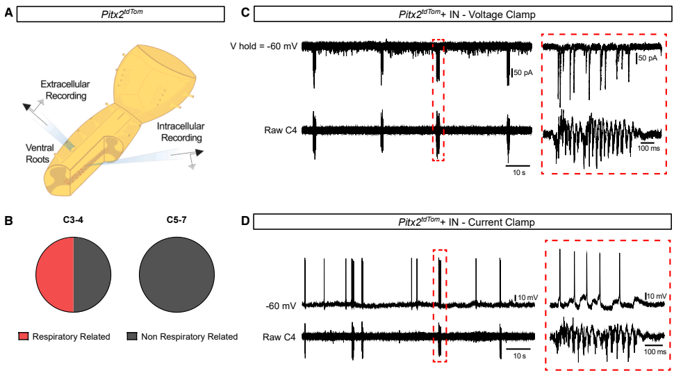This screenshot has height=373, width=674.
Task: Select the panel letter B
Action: coord(8,222)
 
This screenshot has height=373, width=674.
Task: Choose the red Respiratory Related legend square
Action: coord(24,337)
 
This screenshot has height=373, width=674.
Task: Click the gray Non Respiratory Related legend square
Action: coord(132,337)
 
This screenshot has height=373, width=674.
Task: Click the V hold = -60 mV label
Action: coord(265,46)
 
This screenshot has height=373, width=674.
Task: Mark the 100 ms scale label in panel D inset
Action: coord(653,352)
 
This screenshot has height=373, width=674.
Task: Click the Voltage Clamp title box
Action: coord(461,14)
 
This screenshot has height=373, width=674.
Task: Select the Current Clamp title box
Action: coord(462,222)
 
